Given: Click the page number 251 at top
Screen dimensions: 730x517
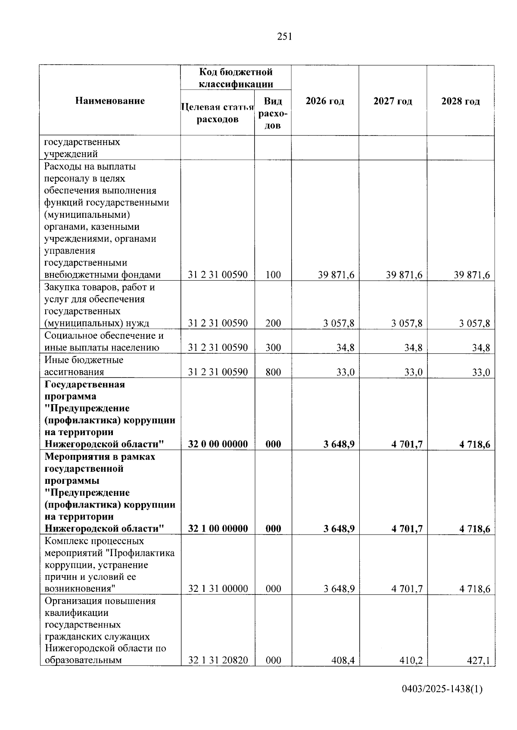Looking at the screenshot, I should [x=285, y=37].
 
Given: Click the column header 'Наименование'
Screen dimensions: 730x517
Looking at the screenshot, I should [x=110, y=101].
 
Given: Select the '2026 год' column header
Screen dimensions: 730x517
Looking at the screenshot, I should [x=325, y=102].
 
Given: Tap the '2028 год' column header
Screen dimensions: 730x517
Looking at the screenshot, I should [x=460, y=102].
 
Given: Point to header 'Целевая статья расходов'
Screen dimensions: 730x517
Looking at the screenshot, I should [x=218, y=113].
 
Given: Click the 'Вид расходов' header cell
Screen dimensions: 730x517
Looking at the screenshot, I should [x=273, y=113].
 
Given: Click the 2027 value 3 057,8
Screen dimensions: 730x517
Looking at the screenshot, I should [x=407, y=323].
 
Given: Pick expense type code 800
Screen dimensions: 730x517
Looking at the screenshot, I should [x=273, y=372].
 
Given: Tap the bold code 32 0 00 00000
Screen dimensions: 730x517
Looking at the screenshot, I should [x=218, y=444].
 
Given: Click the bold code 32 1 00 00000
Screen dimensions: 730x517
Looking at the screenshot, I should [x=218, y=529].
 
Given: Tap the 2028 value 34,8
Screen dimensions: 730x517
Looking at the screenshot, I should [x=481, y=348].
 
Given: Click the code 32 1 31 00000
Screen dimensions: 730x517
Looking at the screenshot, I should [x=218, y=589].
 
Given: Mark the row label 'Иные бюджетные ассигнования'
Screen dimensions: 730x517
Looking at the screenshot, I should [x=84, y=366].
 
